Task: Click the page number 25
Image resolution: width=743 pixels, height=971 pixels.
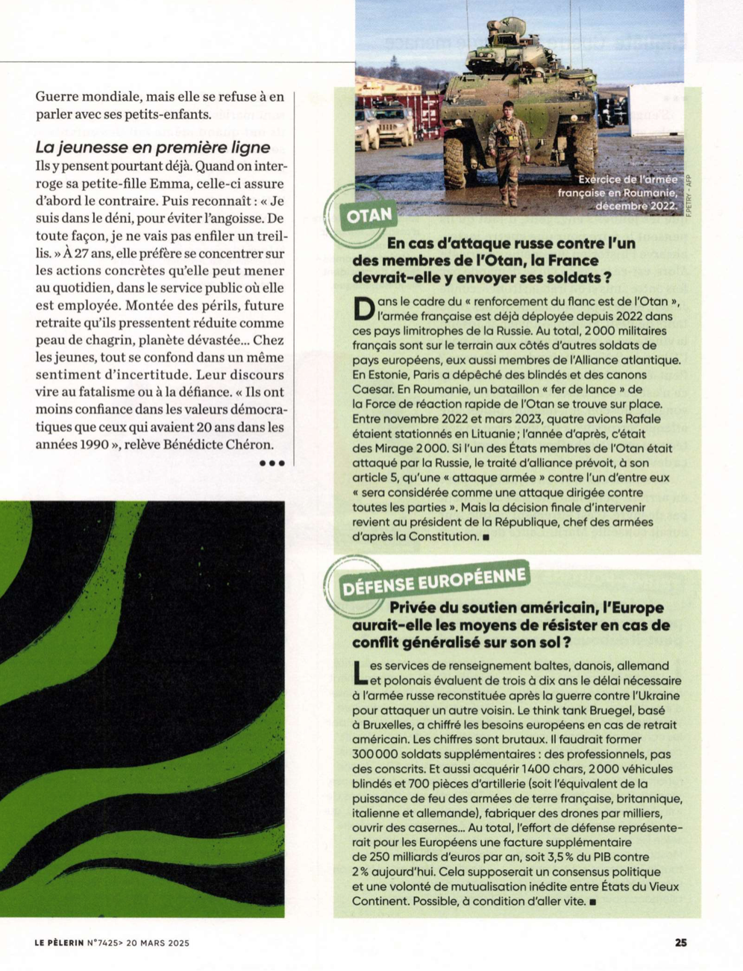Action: [680, 942]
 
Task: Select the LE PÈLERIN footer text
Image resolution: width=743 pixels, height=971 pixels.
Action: [59, 943]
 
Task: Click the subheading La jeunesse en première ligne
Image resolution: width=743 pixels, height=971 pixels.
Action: [152, 147]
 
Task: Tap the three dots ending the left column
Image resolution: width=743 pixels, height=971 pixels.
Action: [272, 463]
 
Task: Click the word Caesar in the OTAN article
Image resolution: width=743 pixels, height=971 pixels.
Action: [375, 389]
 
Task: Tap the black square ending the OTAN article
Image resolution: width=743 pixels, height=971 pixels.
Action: [486, 536]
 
